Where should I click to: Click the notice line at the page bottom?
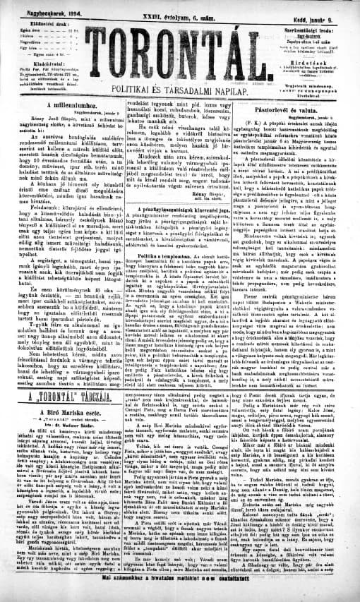(x=180, y=596)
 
